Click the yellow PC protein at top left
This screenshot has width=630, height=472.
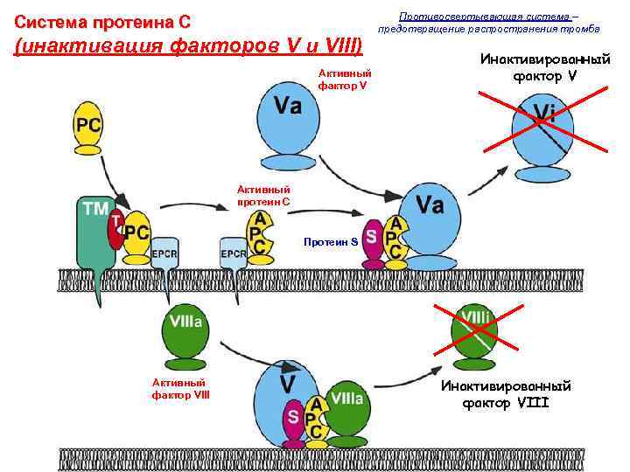[x=87, y=126]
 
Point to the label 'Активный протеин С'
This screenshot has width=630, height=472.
[x=264, y=196]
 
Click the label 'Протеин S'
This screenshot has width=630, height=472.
[x=330, y=240]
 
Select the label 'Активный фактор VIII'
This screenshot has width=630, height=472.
[x=180, y=388]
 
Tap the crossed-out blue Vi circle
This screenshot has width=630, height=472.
[x=542, y=128]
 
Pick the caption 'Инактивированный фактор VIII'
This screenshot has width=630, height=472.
[x=506, y=394]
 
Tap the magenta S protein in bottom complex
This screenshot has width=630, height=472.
[x=295, y=416]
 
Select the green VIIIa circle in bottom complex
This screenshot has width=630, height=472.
[x=346, y=403]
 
